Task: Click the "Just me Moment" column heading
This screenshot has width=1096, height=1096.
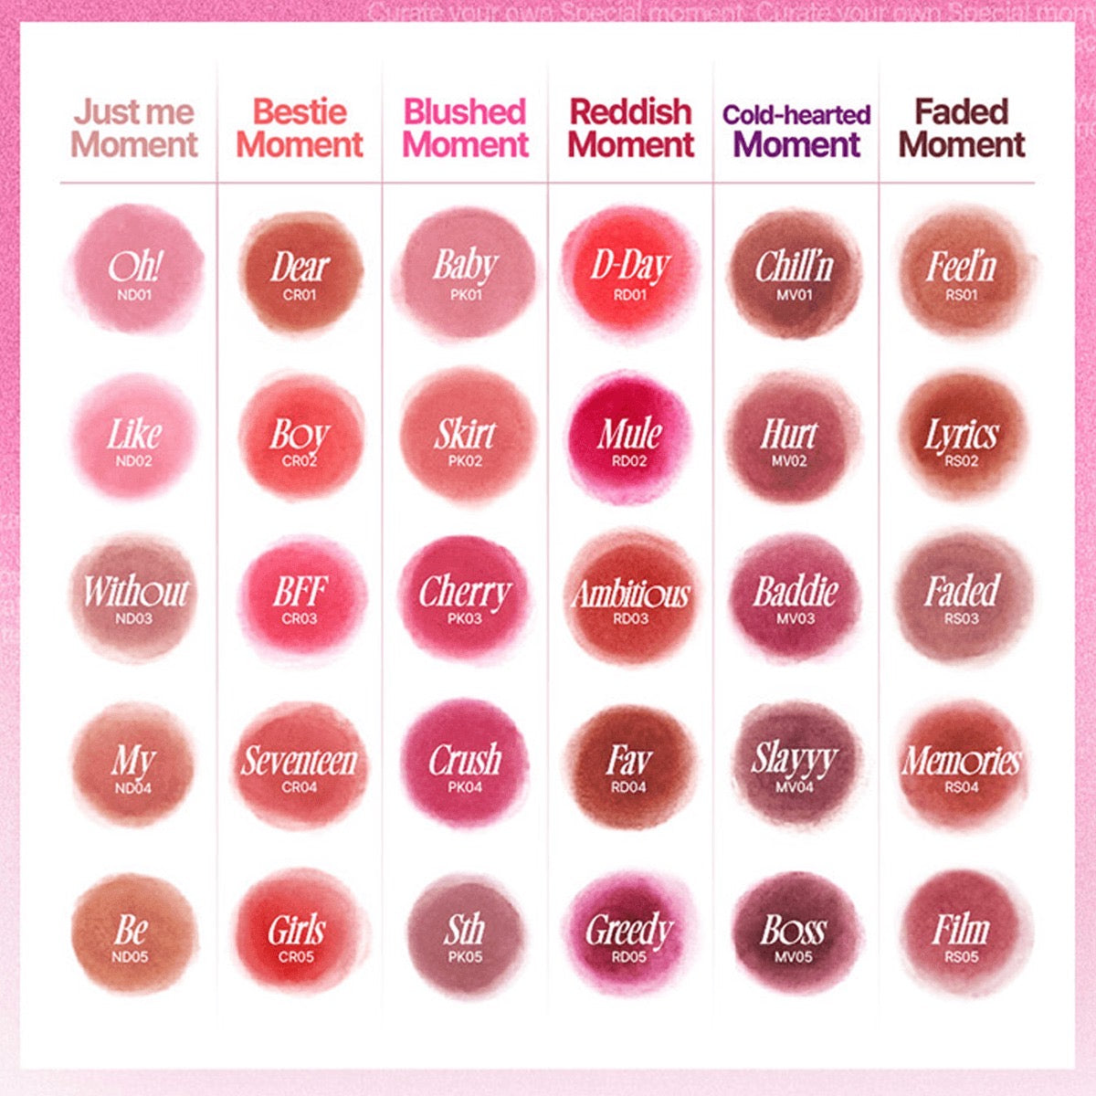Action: tap(134, 128)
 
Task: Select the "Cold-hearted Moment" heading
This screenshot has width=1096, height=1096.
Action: tap(796, 129)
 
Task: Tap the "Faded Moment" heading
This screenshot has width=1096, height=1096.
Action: tap(962, 128)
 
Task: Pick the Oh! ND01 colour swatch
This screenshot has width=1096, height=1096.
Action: tap(134, 269)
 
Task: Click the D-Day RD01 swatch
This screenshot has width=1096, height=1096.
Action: tap(630, 269)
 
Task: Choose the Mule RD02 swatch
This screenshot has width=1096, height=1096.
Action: tap(630, 437)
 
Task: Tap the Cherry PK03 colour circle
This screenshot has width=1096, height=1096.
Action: tap(465, 598)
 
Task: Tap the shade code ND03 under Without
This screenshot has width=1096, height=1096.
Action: tap(134, 618)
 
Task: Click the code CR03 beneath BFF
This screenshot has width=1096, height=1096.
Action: tap(300, 618)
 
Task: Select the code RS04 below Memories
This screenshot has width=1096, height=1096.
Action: tap(962, 787)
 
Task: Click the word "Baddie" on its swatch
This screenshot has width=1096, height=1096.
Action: tap(796, 591)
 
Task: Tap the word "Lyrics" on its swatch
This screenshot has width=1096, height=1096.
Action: tap(962, 435)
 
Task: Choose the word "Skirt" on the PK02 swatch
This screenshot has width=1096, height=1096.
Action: tap(465, 434)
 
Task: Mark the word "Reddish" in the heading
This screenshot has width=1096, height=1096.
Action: tap(631, 111)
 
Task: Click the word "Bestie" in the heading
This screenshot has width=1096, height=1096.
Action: tap(300, 111)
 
